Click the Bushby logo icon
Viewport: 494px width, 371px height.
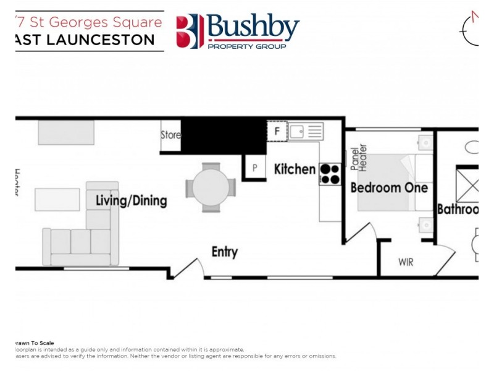tap(190, 31)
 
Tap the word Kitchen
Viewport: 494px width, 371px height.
tap(295, 168)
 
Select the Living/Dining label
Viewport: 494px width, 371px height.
tap(131, 201)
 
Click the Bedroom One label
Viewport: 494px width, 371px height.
tap(388, 188)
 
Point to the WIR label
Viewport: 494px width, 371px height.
tap(406, 263)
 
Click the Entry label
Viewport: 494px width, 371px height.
tap(224, 252)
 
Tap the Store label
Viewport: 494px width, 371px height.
tap(170, 135)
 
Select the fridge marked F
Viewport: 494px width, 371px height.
tap(277, 131)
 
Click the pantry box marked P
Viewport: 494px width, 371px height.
tap(254, 168)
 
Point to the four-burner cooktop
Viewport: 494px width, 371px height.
tap(330, 173)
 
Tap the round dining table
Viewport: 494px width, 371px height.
tap(211, 187)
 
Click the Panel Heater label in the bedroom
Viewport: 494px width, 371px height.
tap(358, 160)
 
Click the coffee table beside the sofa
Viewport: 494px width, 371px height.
tap(57, 200)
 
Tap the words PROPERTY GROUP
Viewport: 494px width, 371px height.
tap(247, 46)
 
